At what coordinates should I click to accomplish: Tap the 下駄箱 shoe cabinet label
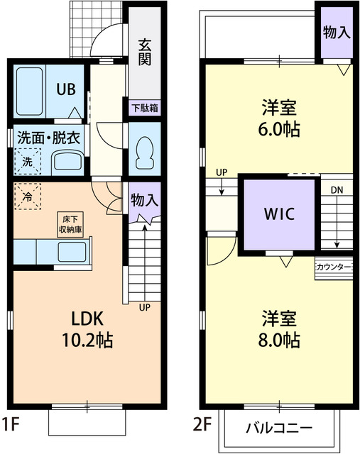pyautogui.click(x=144, y=109)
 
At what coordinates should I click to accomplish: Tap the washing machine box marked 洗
pyautogui.click(x=27, y=160)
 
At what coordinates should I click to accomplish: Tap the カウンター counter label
pyautogui.click(x=333, y=267)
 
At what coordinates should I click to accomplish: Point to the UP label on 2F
pyautogui.click(x=222, y=172)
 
